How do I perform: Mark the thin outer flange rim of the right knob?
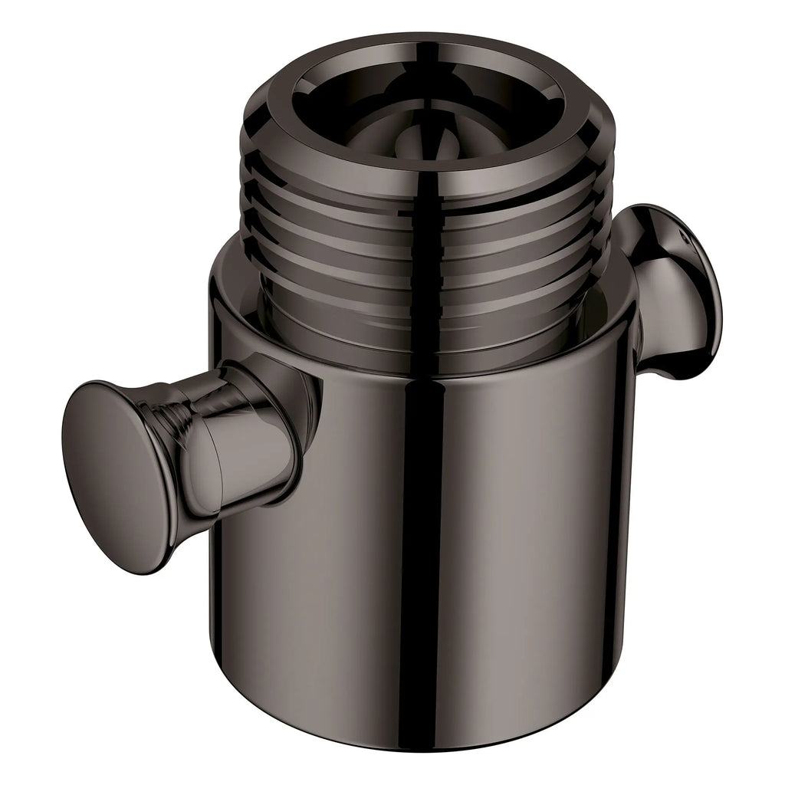coord(709,307)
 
